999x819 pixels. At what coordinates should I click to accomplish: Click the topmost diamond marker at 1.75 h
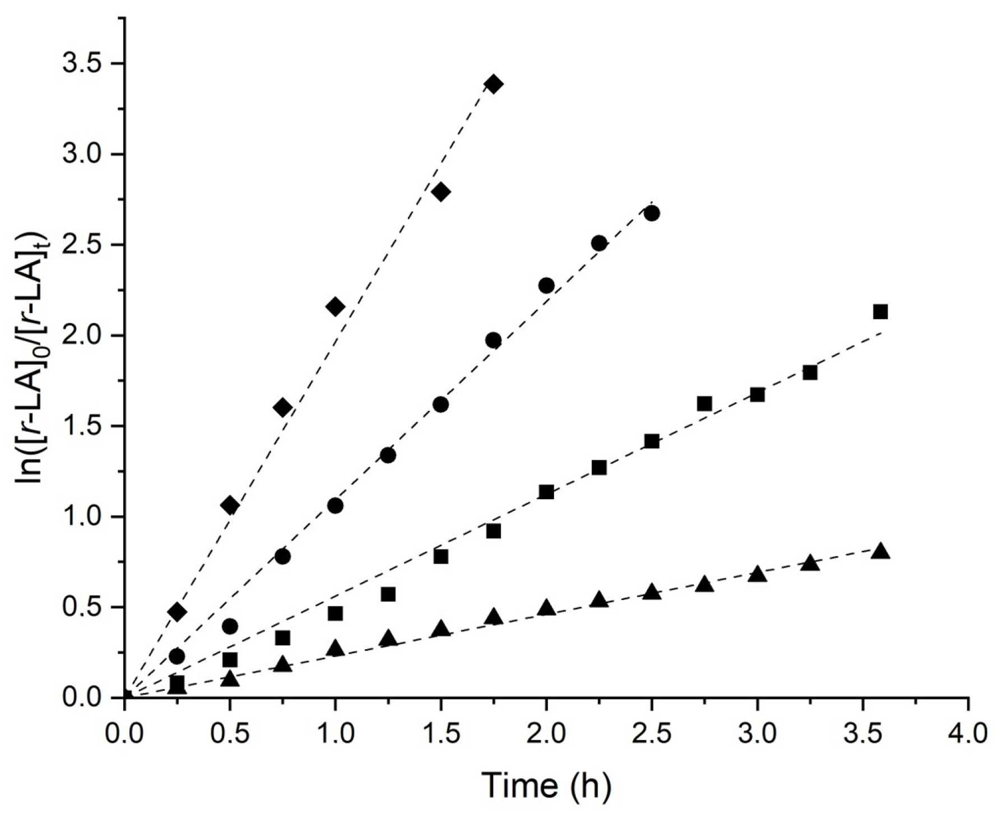point(494,85)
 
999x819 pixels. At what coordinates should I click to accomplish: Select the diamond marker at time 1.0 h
point(335,307)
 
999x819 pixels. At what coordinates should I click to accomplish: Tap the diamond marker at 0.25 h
point(177,612)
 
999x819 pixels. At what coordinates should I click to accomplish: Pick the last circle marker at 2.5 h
point(652,213)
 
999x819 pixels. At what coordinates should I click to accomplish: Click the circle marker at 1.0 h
point(335,506)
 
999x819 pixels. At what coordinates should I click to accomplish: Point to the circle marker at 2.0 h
point(546,286)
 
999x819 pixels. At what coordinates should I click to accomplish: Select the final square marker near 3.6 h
point(880,311)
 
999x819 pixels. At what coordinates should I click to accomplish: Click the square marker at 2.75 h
point(704,403)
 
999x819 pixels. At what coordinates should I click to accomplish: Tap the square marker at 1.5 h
point(441,556)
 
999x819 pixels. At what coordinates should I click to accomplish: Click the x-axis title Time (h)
point(546,785)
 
